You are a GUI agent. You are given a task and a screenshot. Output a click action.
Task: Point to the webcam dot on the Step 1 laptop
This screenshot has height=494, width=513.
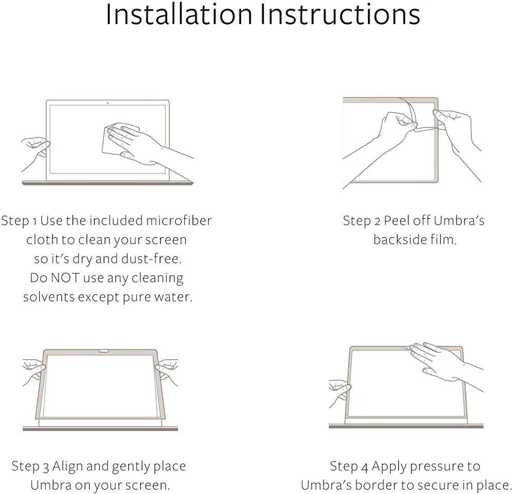pos(107,102)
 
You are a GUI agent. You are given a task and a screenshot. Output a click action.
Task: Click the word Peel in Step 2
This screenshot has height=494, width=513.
pos(398,221)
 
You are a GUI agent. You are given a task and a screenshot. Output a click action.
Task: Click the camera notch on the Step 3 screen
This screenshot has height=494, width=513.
pos(103,352)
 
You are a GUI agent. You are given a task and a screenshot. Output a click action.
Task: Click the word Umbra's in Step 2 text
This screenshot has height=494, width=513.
pos(459,221)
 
